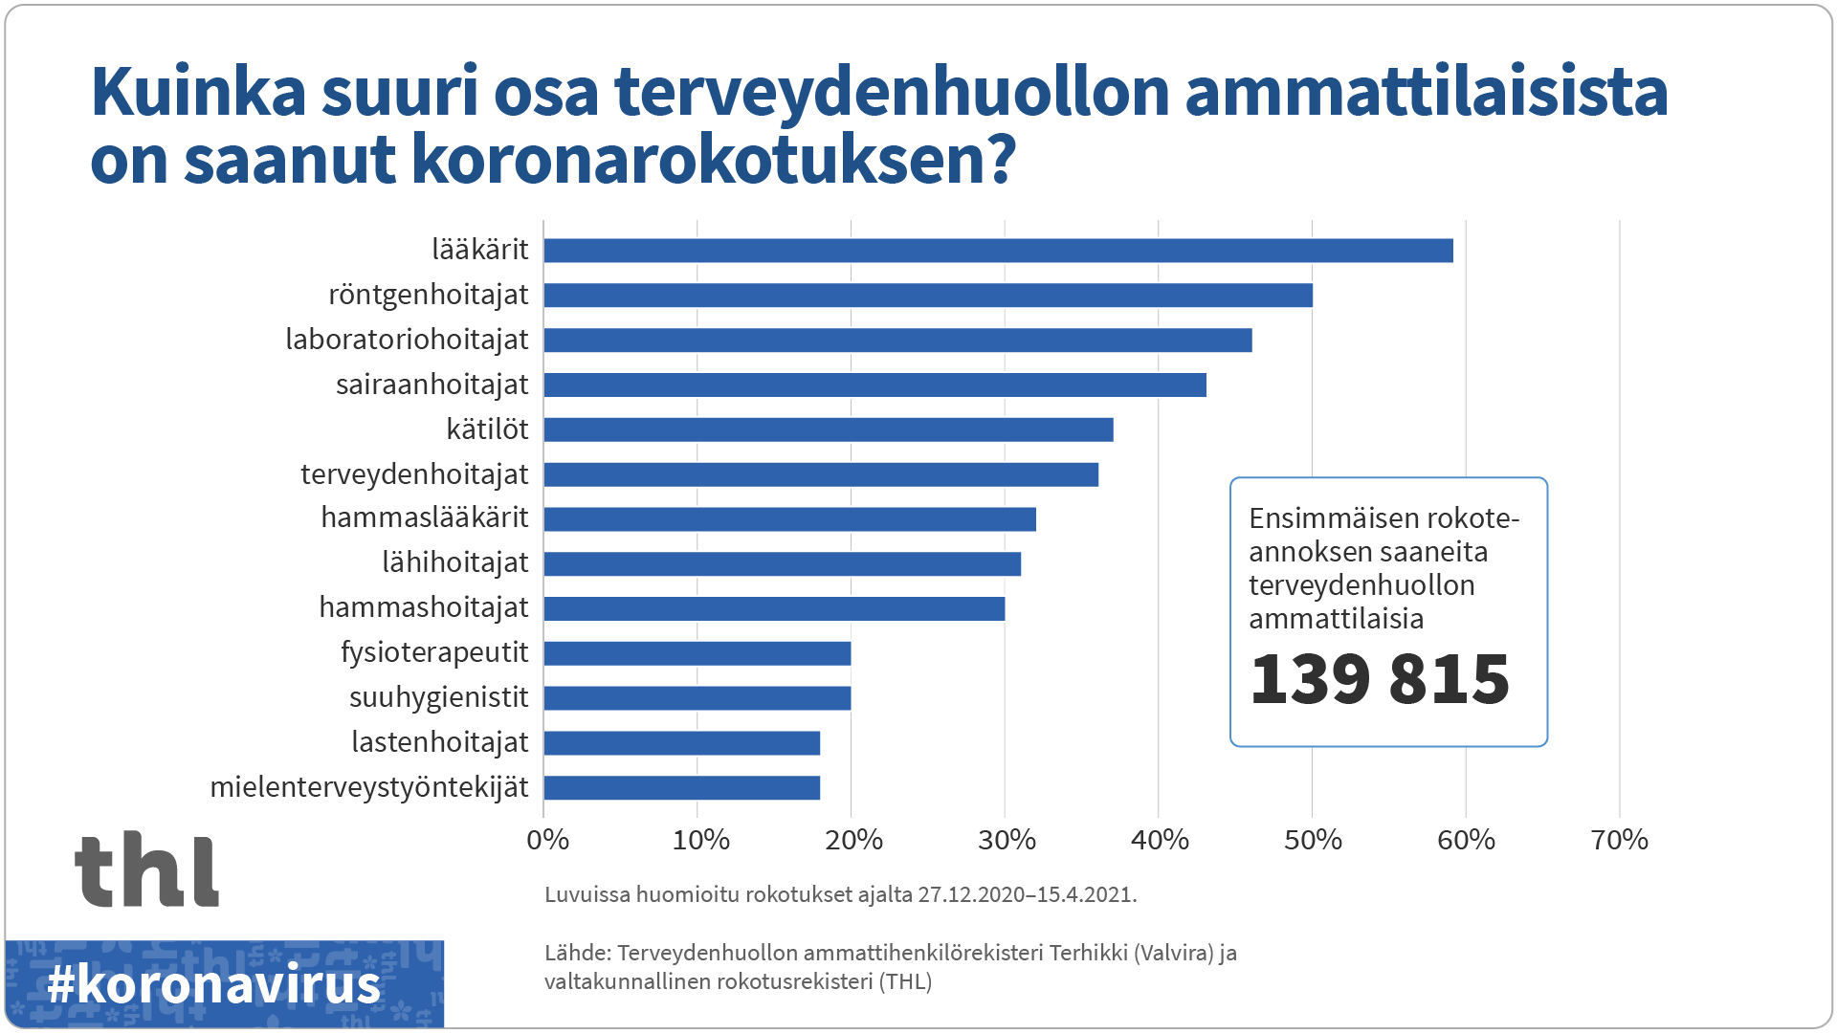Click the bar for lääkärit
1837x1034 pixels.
[x=998, y=251]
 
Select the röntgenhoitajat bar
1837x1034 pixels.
[x=928, y=296]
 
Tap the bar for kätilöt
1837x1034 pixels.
[x=829, y=429]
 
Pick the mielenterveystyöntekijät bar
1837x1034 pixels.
[x=682, y=788]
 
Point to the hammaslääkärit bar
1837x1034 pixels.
[x=789, y=519]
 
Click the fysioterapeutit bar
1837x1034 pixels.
[x=697, y=654]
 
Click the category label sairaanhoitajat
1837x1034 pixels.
[x=432, y=385]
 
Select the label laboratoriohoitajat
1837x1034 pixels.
[x=407, y=340]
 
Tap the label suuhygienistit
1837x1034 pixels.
[x=438, y=697]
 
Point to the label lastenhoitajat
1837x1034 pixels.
[x=439, y=742]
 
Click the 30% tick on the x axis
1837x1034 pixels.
[x=1007, y=841]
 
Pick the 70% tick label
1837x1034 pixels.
[x=1619, y=841]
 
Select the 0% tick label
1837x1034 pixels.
[x=547, y=841]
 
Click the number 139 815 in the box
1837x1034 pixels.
[x=1379, y=679]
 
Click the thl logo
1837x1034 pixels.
[x=146, y=869]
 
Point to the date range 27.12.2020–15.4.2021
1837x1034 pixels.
[x=1025, y=895]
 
